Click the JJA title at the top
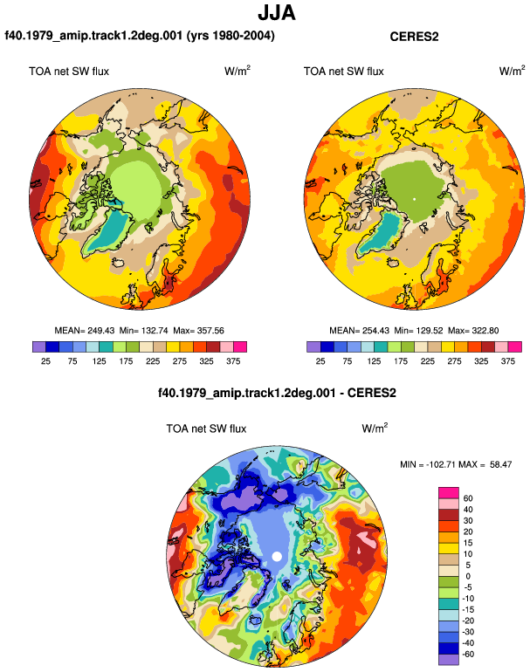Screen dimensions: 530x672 coord(277,13)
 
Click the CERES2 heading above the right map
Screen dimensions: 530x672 coord(414,37)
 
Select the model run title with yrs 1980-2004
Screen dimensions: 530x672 coord(140,35)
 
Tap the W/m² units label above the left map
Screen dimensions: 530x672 coord(237,71)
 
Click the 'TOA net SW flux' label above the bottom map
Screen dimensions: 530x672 coord(206,429)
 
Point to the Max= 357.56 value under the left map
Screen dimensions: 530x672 coord(198,331)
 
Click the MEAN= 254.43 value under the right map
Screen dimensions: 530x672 coord(360,331)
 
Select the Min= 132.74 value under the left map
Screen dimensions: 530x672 coord(144,331)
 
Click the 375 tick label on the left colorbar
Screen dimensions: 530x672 coord(233,361)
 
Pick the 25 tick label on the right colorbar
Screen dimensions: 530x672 coord(320,361)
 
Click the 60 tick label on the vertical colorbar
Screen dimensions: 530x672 coord(468,498)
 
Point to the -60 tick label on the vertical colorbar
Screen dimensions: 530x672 coord(468,654)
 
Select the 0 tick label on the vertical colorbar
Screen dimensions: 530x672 coord(468,576)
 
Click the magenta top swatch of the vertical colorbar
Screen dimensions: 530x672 coord(449,492)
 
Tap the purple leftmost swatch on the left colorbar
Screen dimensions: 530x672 coord(39,346)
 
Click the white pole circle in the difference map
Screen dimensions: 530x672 coord(277,557)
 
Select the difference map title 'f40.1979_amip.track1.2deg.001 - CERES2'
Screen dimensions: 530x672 coord(277,393)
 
